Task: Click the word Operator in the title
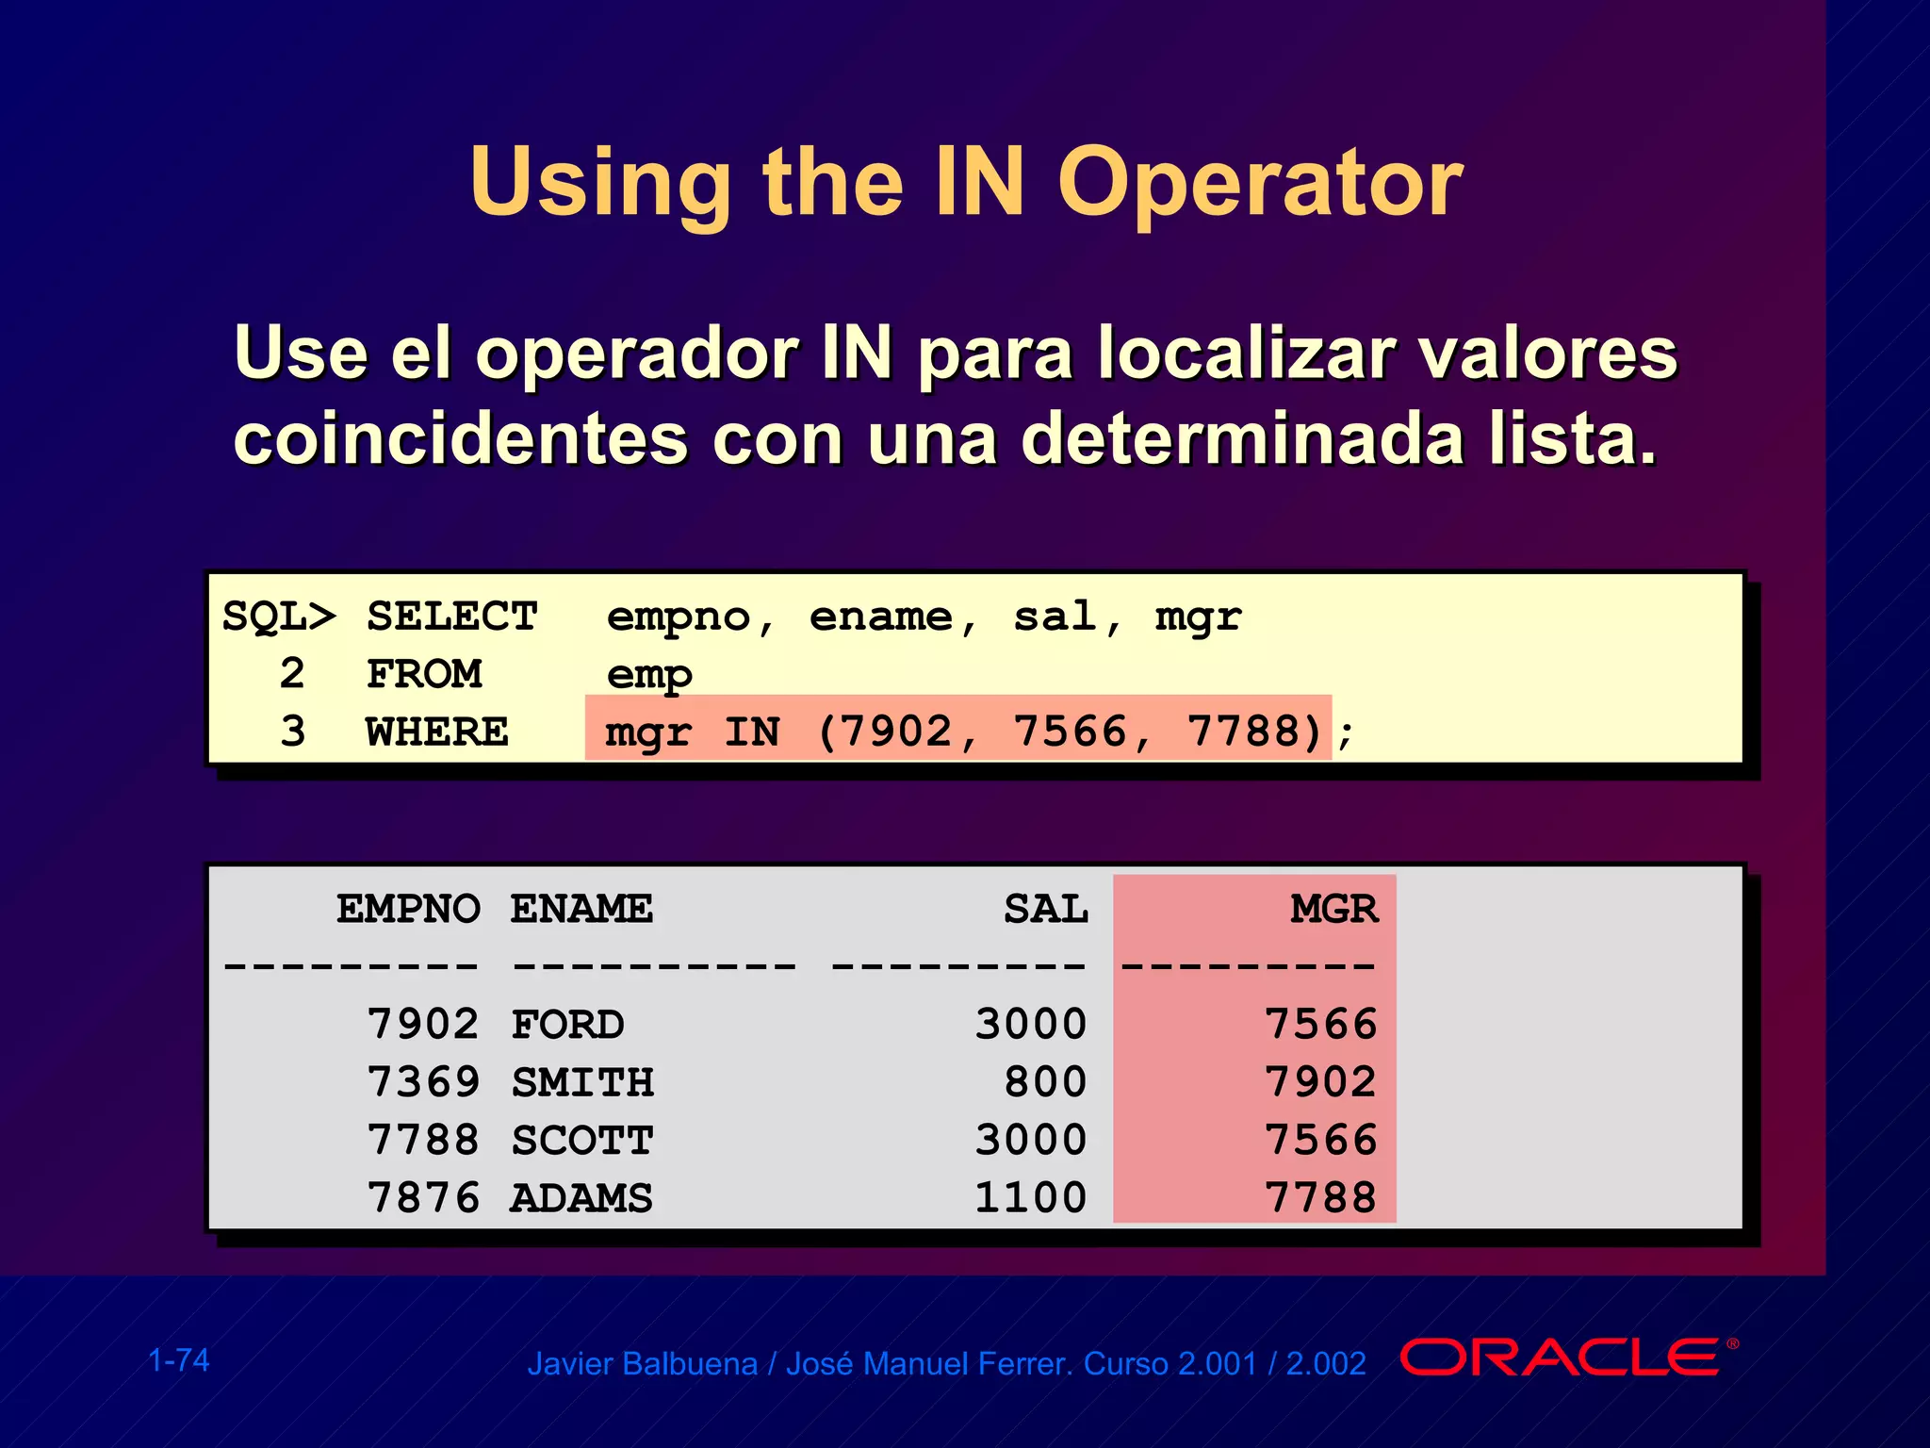tap(1260, 184)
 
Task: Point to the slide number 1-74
tap(179, 1360)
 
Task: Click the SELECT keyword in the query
tap(452, 617)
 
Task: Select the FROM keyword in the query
tap(424, 674)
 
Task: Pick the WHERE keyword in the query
tap(437, 732)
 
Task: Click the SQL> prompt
tap(279, 617)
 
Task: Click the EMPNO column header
tap(409, 909)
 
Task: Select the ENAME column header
tap(581, 909)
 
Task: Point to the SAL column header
tap(1046, 909)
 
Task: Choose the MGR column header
tap(1333, 909)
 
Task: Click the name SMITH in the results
tap(582, 1082)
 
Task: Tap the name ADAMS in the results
tap(581, 1198)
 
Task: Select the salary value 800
tap(1046, 1082)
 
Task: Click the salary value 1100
tap(1031, 1198)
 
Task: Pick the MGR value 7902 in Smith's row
tap(1320, 1082)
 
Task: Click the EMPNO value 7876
tap(423, 1198)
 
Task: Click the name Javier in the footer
tap(571, 1364)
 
